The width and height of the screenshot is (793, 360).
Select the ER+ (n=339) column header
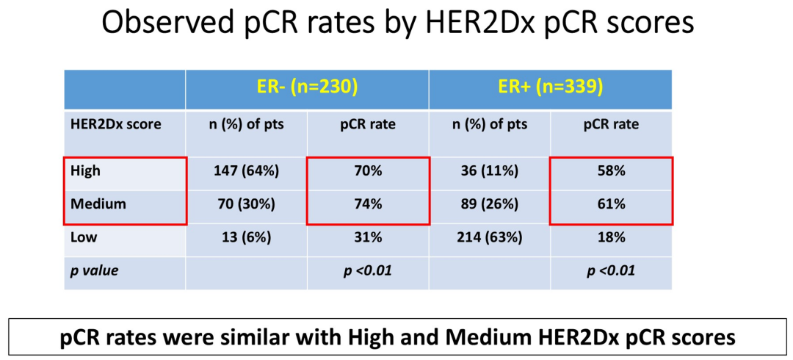550,87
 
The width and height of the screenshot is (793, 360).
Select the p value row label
95,270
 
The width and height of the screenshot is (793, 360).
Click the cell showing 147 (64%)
247,171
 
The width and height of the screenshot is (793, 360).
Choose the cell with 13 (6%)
247,238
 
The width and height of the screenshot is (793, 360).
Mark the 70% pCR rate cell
368,171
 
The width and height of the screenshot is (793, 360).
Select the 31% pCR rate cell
368,238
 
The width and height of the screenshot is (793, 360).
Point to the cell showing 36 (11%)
489,171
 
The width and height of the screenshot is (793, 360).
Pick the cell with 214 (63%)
489,238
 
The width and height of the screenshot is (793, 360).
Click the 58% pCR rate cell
611,171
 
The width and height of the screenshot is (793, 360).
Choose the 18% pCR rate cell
611,238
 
